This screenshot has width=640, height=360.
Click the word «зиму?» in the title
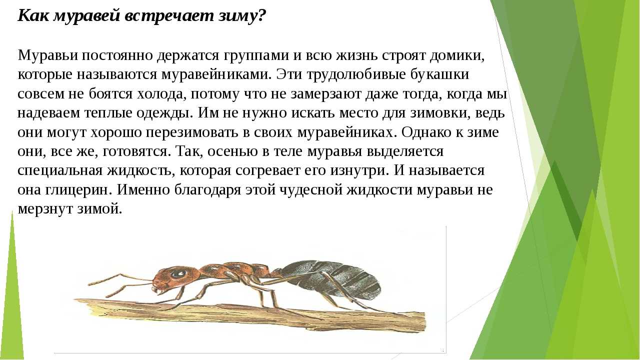pos(242,16)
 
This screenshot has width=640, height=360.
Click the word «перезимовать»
pos(191,132)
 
